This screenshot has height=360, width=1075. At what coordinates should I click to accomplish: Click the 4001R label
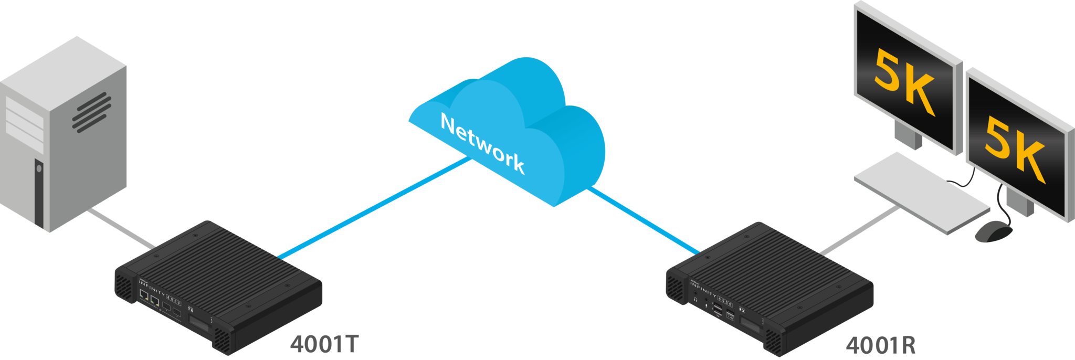pos(880,345)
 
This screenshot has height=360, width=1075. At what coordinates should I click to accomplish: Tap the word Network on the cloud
pos(482,143)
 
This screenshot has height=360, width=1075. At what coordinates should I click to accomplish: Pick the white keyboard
pos(922,192)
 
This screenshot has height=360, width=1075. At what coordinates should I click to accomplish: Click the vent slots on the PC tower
pos(92,112)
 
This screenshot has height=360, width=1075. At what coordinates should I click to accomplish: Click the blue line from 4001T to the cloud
pos(373,208)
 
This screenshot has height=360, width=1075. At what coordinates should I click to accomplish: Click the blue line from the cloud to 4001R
pos(643,221)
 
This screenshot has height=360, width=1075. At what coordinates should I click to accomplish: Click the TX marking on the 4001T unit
pos(191,309)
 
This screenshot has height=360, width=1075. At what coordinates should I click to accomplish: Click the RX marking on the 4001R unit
pos(742,310)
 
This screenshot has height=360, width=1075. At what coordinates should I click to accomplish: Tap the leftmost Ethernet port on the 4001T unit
pos(144,295)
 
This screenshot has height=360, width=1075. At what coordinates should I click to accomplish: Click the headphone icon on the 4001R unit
pos(695,300)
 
